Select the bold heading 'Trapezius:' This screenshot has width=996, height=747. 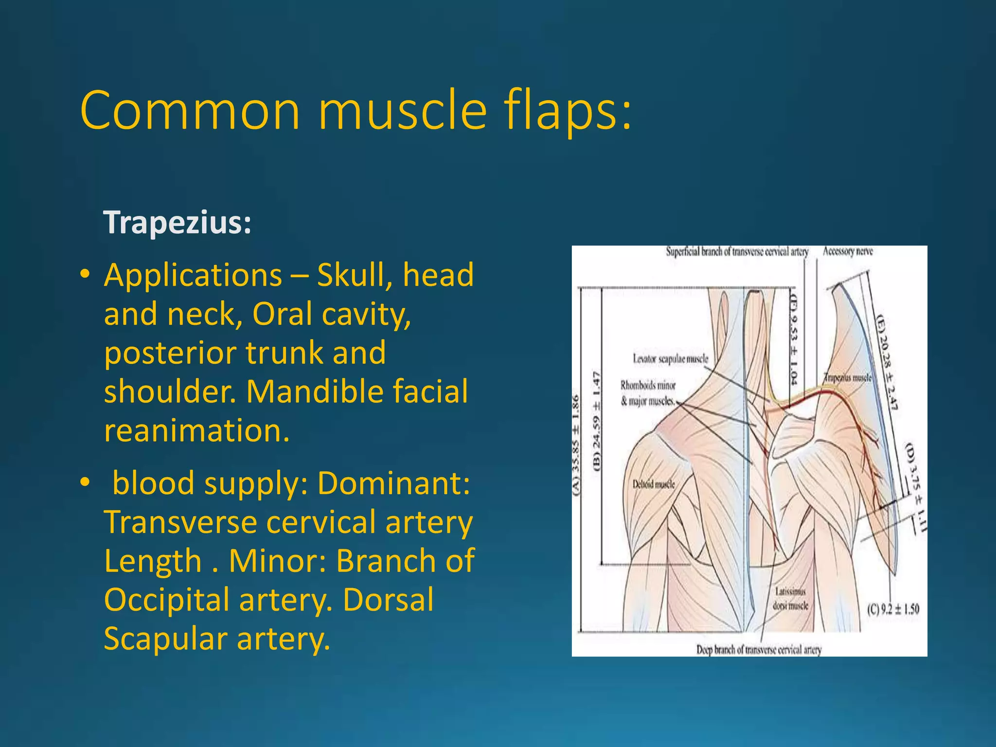pyautogui.click(x=178, y=222)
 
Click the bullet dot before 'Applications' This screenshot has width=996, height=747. pyautogui.click(x=85, y=275)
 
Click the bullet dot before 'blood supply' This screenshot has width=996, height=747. pyautogui.click(x=85, y=483)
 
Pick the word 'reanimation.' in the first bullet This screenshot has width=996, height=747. pyautogui.click(x=196, y=430)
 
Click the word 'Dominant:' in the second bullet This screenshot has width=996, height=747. pyautogui.click(x=394, y=483)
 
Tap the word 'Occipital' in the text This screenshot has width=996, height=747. pyautogui.click(x=166, y=599)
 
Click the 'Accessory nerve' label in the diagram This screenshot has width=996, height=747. pyautogui.click(x=847, y=251)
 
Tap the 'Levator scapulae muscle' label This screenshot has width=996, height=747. pyautogui.click(x=670, y=359)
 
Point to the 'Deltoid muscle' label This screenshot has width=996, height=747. pyautogui.click(x=654, y=484)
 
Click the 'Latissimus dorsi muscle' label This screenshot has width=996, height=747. pyautogui.click(x=790, y=599)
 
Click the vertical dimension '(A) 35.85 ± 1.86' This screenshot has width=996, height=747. pyautogui.click(x=576, y=445)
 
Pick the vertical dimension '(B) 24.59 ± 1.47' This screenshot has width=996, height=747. pyautogui.click(x=596, y=421)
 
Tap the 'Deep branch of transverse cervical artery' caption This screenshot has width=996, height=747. pyautogui.click(x=759, y=650)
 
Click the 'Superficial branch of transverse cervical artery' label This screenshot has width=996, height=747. pyautogui.click(x=737, y=251)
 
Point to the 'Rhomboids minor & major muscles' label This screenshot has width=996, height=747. pyautogui.click(x=648, y=393)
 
